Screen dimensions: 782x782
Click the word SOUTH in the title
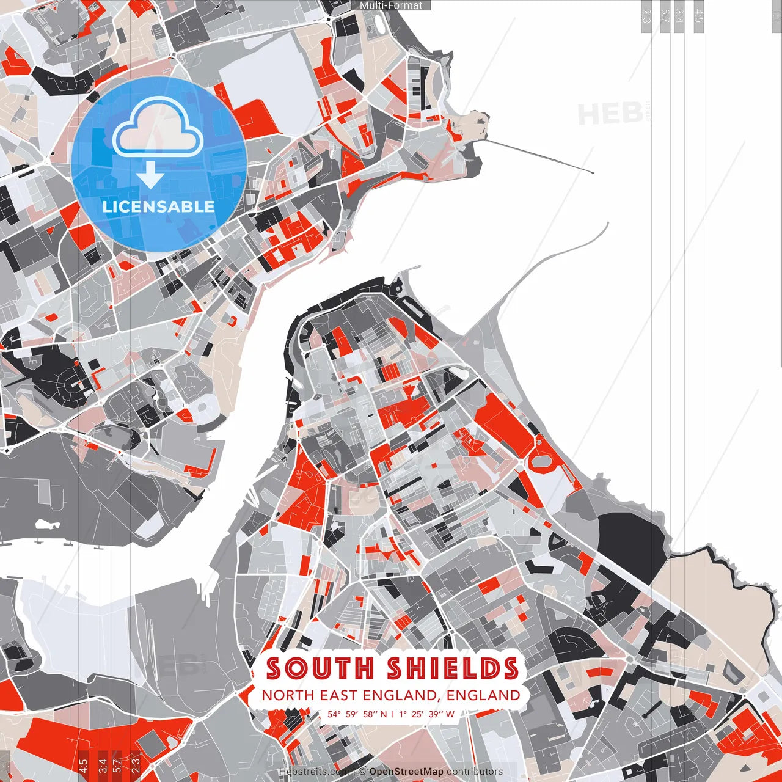(x=320, y=668)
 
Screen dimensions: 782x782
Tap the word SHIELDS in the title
(x=453, y=668)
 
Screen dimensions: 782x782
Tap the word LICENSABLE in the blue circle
(x=158, y=206)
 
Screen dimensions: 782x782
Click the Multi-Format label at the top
(x=391, y=5)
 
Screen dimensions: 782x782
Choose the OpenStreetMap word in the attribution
(x=406, y=772)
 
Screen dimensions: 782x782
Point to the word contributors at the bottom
(x=474, y=772)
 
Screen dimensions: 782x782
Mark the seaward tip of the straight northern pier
(x=593, y=173)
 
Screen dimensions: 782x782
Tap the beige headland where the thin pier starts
(x=470, y=125)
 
